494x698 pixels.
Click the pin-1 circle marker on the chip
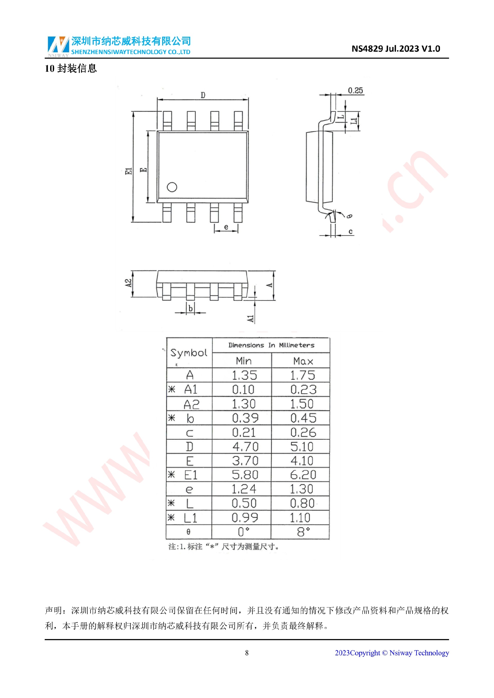(x=172, y=187)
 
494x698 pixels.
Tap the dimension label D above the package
(x=203, y=95)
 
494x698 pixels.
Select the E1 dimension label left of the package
(x=129, y=171)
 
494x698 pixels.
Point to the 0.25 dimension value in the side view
(x=355, y=90)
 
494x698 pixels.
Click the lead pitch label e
(x=226, y=227)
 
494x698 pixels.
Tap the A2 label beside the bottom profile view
(x=129, y=283)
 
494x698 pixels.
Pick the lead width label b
(x=190, y=308)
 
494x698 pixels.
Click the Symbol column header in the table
(x=189, y=353)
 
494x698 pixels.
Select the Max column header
(x=303, y=361)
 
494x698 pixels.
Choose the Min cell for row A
(x=244, y=375)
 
